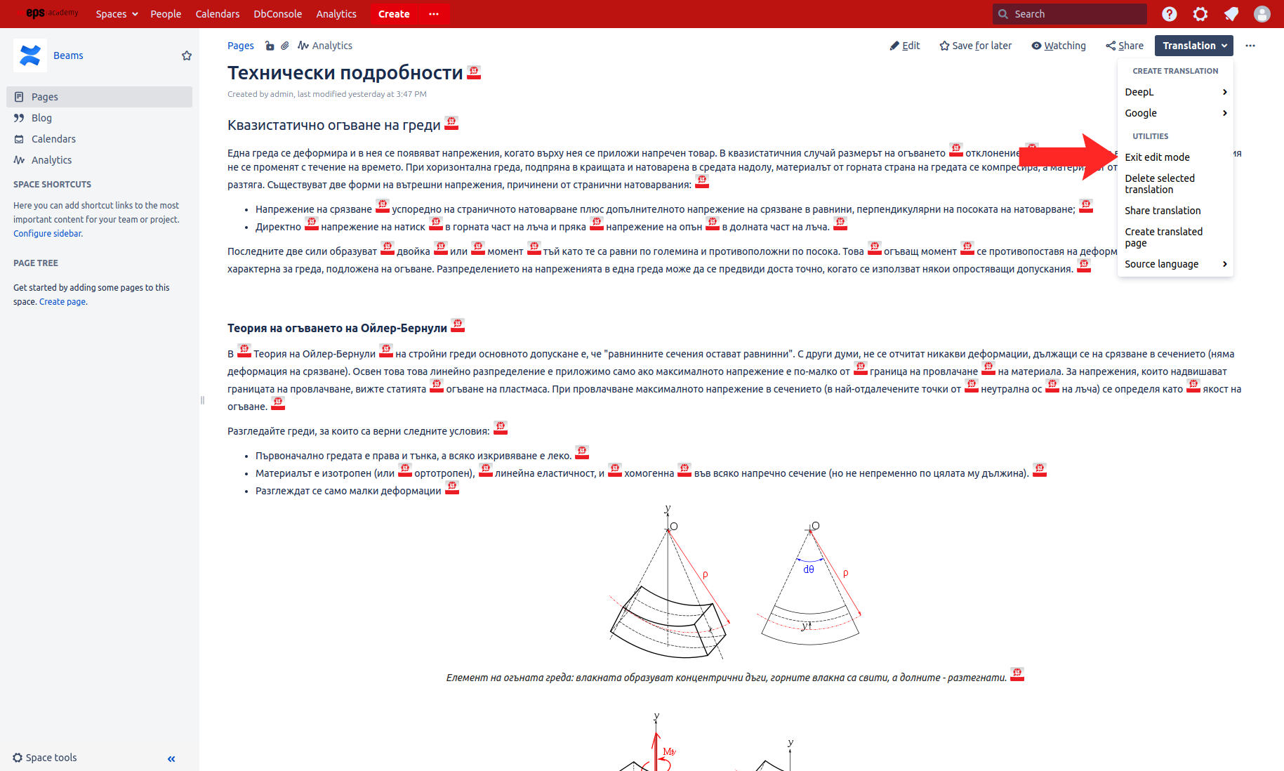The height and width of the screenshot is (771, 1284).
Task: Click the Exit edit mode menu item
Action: [1157, 157]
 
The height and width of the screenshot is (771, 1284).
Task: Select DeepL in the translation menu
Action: [1139, 92]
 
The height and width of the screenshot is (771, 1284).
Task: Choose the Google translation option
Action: [1141, 113]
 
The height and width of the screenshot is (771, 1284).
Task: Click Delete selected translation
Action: [1160, 184]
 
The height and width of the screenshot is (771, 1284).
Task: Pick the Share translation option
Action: [1163, 211]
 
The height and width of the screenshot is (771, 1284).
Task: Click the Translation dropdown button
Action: [1193, 46]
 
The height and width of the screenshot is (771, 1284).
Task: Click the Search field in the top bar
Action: [1074, 14]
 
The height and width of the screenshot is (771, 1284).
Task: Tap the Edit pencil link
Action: [905, 46]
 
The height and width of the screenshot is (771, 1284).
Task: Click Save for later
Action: [976, 46]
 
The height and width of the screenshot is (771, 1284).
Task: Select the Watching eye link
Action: [1059, 46]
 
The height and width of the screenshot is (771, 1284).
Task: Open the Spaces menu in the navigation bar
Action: [117, 14]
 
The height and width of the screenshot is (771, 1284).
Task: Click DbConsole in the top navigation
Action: [277, 14]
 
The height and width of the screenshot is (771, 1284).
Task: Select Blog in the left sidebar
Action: [41, 118]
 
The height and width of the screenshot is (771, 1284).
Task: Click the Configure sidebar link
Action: [47, 234]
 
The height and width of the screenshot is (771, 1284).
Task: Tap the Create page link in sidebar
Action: [62, 302]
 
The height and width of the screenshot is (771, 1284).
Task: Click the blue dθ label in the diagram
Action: [809, 569]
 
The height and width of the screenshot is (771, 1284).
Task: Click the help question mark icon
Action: [1170, 14]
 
